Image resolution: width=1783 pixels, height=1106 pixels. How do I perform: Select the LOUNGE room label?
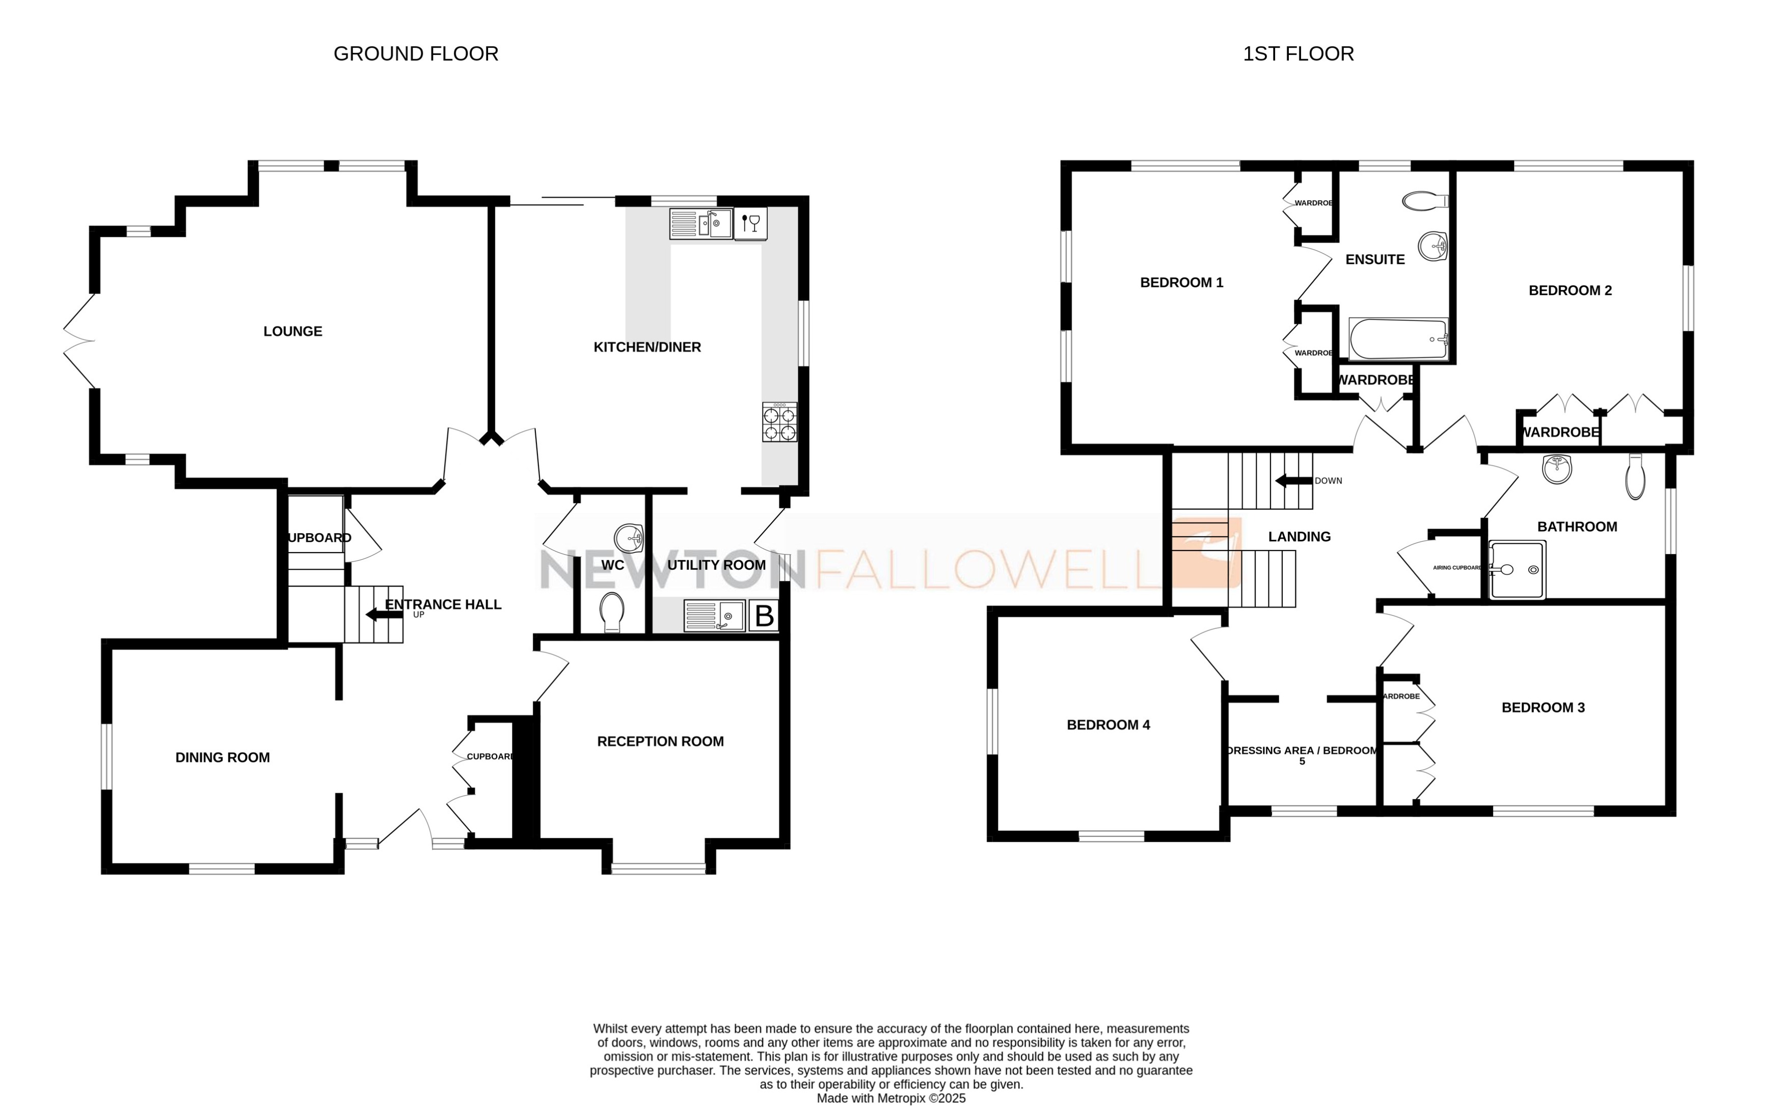[x=292, y=331]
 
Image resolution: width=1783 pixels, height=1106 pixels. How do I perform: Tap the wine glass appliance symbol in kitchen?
[x=750, y=223]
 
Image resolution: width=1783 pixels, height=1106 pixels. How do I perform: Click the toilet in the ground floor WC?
[x=611, y=612]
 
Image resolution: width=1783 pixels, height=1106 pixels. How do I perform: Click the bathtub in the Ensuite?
[x=1397, y=339]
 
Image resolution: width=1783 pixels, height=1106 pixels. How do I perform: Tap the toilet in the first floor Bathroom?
[x=1635, y=477]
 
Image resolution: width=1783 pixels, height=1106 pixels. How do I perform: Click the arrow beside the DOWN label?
[x=1292, y=481]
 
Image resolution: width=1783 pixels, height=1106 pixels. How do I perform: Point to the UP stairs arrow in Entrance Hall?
[x=383, y=615]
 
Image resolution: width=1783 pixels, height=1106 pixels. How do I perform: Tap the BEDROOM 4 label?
[x=1107, y=725]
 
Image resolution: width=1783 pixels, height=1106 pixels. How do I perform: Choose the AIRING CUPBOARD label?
[x=1456, y=568]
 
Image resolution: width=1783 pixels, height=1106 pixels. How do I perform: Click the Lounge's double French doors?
[x=79, y=341]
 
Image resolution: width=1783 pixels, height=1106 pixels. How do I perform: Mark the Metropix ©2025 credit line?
[x=890, y=1098]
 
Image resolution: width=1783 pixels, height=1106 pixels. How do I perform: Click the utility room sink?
[x=714, y=616]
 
